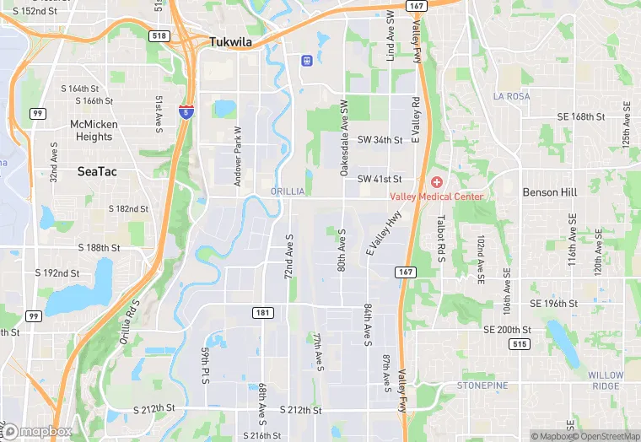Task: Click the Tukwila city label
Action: tap(231, 42)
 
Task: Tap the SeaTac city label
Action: tap(97, 171)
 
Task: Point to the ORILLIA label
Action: tap(288, 192)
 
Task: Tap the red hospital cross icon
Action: tap(437, 182)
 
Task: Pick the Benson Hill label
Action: tap(549, 192)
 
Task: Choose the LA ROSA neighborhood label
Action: tap(512, 97)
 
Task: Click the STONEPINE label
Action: tap(482, 385)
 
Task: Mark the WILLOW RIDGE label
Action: tap(606, 380)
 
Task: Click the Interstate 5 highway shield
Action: tap(185, 111)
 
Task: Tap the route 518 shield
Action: tap(161, 36)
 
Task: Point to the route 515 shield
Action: tap(520, 344)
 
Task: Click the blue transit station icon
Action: tap(306, 60)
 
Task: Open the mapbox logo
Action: tap(38, 431)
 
